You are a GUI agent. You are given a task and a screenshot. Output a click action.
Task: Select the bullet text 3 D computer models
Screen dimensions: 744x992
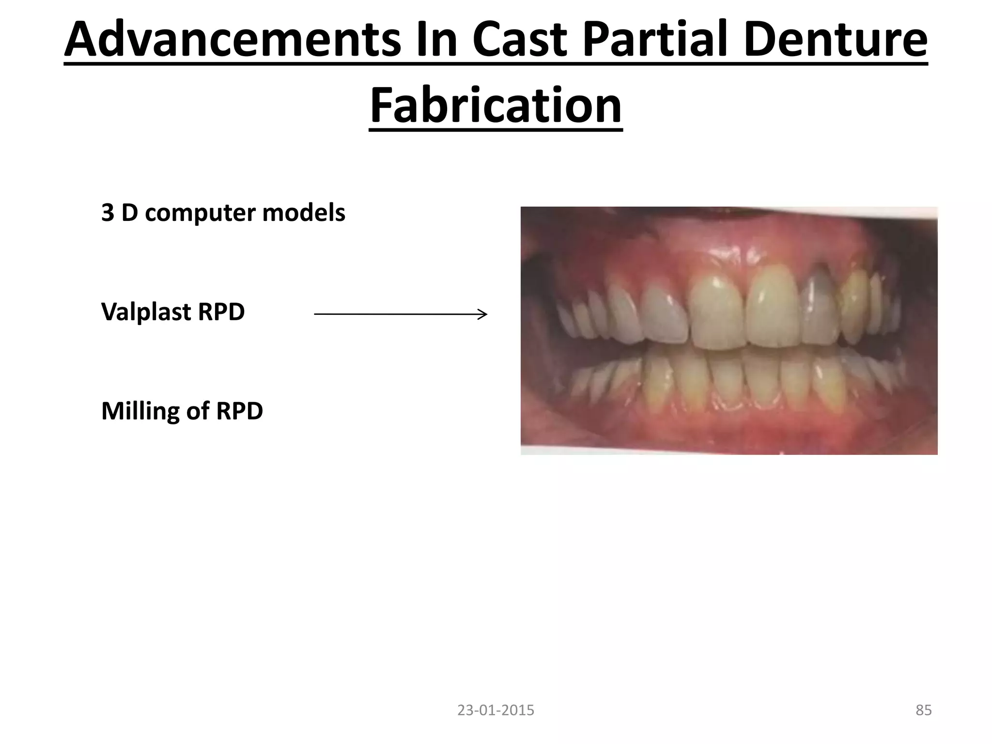(223, 213)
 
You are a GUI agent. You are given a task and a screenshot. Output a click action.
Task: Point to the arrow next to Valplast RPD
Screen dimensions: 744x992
(400, 314)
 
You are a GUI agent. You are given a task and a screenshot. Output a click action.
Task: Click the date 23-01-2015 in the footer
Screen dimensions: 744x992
(496, 710)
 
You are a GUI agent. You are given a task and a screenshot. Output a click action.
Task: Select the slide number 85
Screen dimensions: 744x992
(923, 710)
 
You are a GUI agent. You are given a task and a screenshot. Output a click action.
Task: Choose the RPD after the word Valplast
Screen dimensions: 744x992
(221, 312)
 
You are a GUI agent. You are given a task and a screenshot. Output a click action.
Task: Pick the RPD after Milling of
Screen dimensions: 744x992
(239, 411)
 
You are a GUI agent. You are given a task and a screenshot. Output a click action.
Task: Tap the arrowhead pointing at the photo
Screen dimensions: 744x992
(482, 314)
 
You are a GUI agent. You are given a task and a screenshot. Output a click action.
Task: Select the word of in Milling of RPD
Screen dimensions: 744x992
(198, 411)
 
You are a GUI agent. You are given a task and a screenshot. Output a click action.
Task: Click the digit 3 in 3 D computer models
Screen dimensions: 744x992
(107, 213)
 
